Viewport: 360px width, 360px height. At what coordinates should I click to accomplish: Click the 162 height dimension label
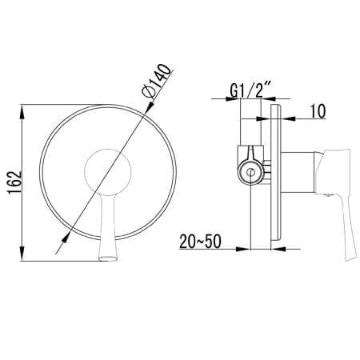pos(14,182)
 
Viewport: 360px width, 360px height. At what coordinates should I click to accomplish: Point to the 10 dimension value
pos(318,111)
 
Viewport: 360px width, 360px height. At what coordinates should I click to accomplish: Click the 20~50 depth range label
pos(200,242)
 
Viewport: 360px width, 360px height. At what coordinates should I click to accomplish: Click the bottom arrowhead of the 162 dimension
pos(22,254)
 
